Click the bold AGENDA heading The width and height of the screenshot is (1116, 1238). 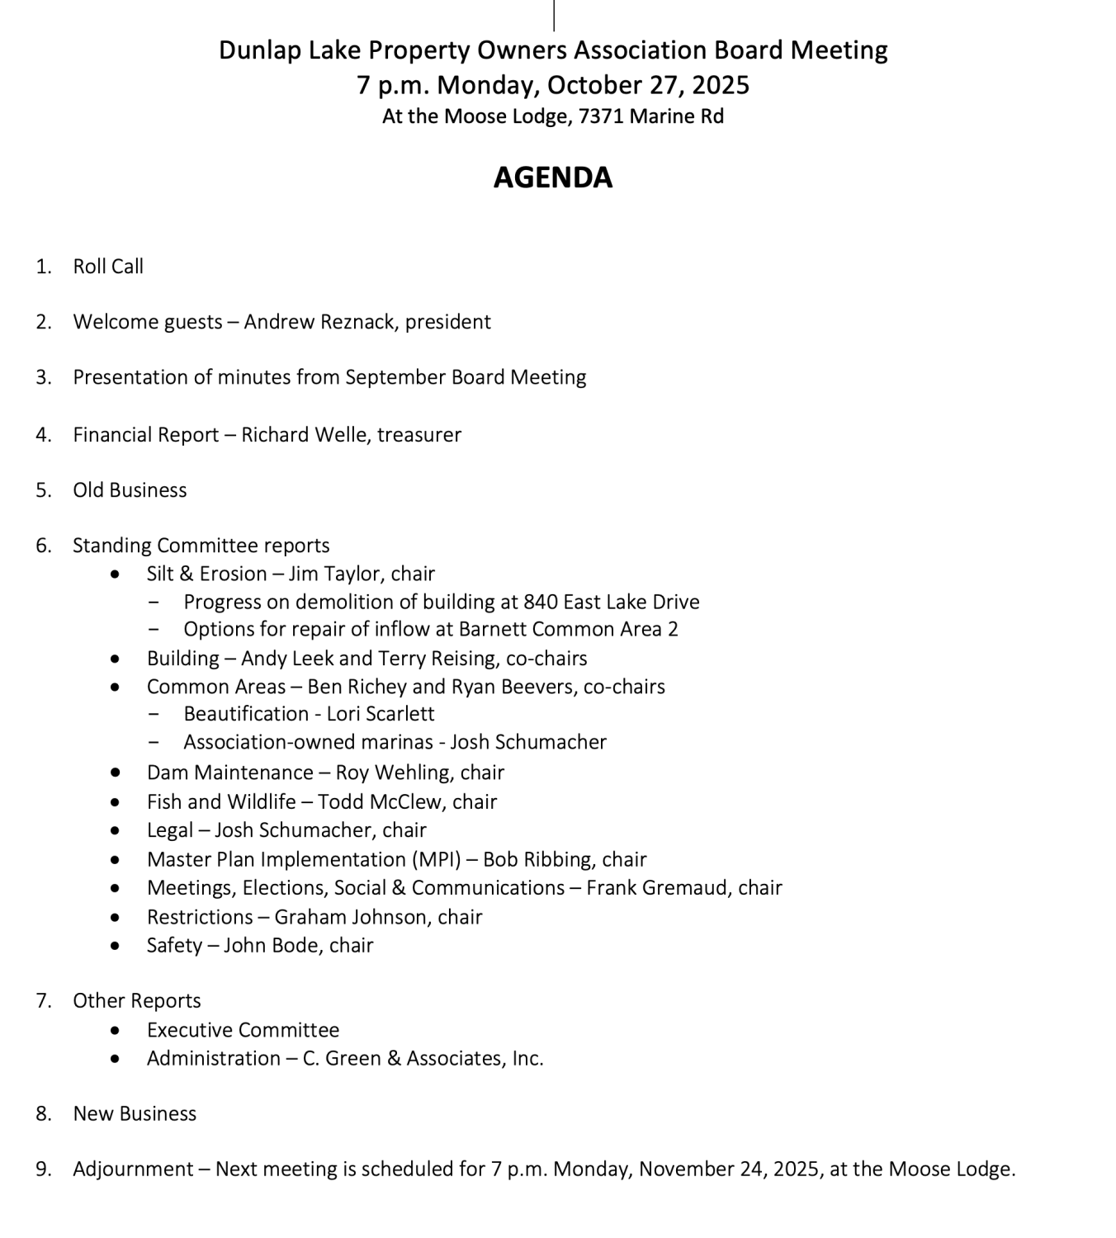552,177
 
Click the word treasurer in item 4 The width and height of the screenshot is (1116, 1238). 418,435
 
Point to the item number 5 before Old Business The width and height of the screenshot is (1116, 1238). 43,490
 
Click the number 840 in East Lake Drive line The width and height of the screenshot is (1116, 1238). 540,602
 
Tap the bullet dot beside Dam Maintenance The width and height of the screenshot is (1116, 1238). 116,773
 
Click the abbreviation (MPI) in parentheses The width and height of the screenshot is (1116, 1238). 436,859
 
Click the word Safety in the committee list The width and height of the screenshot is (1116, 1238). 174,945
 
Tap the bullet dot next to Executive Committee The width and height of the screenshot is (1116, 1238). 116,1030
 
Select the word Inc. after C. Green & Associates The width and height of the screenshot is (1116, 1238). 527,1059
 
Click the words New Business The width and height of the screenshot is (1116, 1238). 135,1114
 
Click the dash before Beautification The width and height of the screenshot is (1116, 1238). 155,714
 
